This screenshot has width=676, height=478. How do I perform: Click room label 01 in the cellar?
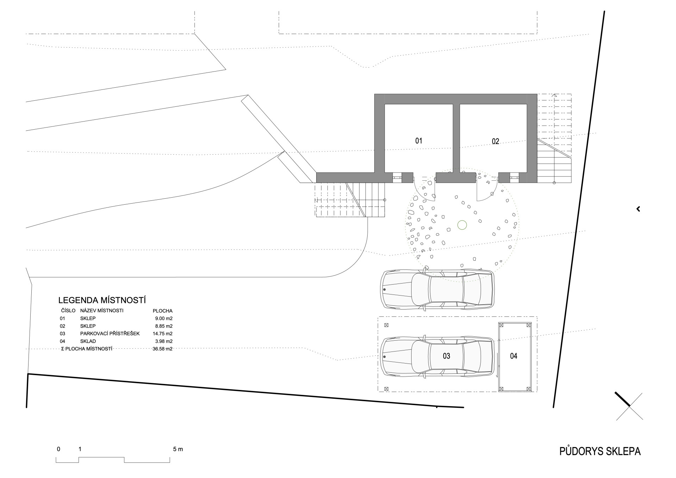coord(419,141)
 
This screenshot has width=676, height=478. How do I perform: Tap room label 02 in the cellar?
coord(495,141)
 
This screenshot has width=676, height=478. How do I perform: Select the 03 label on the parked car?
coord(446,356)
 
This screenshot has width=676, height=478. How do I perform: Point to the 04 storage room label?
coord(514,356)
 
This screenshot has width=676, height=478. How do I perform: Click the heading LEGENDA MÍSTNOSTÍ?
coord(102,300)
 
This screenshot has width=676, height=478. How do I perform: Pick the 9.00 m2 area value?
coord(164,318)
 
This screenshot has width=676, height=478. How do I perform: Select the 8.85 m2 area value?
coord(164,326)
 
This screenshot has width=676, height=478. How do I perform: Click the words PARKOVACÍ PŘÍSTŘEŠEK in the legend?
coord(110,334)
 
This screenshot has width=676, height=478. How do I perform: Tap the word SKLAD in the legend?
coord(88,341)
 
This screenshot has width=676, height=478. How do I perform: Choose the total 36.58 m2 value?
coord(163,349)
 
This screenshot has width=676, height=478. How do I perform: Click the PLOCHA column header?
coord(162,311)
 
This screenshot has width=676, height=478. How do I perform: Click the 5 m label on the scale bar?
coord(178,449)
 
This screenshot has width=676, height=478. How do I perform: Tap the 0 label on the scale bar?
coord(58,449)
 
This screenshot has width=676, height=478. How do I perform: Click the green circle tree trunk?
coord(462,225)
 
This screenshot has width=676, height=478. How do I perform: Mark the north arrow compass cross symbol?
coord(629,406)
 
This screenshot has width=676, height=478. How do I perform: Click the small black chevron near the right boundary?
coord(638,209)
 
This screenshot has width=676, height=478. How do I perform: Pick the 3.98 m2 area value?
coord(164,341)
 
